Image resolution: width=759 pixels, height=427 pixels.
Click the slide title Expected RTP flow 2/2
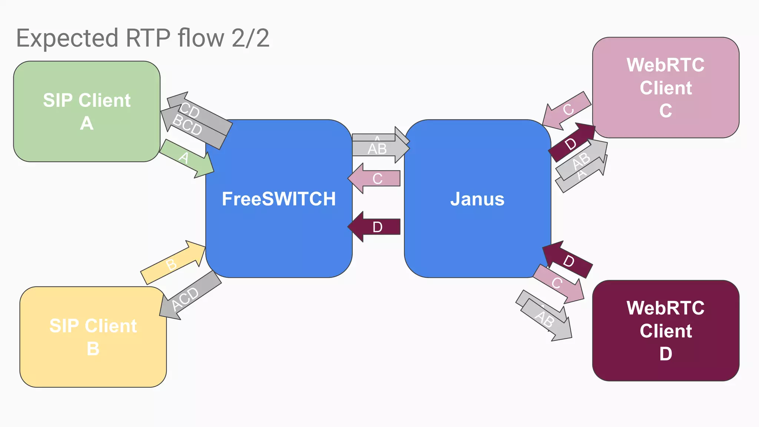[143, 38]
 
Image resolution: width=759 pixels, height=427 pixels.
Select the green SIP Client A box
[87, 111]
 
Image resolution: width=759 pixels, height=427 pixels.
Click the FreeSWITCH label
[279, 199]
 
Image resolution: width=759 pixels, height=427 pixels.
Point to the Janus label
[477, 199]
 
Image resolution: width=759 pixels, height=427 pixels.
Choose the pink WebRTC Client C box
[666, 87]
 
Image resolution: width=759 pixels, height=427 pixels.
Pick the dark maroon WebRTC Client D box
[666, 331]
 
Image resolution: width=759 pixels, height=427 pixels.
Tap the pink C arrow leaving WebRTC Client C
[567, 110]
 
